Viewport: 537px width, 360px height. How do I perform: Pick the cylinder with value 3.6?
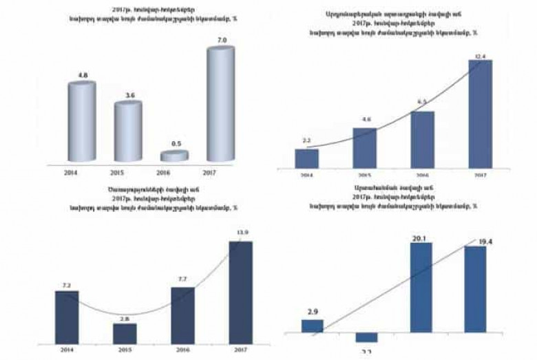point(127,132)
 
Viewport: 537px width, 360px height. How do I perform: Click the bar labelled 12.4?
point(480,113)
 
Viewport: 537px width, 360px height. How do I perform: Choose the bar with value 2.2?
point(306,158)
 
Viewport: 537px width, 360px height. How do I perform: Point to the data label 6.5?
point(422,100)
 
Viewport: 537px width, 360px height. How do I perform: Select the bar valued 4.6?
point(364,147)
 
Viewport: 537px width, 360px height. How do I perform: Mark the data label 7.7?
point(182,280)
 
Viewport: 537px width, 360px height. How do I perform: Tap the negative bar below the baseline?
point(366,337)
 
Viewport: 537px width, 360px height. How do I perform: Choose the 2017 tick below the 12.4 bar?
point(480,176)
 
